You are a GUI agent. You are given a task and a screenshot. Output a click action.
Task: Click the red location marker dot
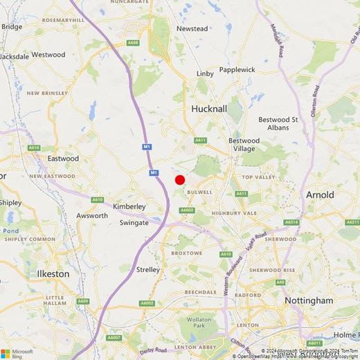click(x=180, y=180)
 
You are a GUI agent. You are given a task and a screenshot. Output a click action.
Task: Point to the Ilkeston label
click(x=53, y=273)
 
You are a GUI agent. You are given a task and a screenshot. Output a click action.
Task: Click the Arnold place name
click(x=320, y=195)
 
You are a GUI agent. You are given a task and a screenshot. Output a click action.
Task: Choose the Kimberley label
click(x=129, y=206)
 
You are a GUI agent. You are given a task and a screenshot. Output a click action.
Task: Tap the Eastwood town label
click(x=63, y=159)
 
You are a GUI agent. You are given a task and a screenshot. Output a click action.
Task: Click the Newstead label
click(x=192, y=28)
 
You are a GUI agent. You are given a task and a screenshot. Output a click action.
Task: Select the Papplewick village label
click(x=237, y=70)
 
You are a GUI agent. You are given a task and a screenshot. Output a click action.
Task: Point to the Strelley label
click(x=149, y=269)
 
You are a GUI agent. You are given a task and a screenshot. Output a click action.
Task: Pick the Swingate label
click(x=134, y=223)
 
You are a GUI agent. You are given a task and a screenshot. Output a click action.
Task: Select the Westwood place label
click(x=48, y=54)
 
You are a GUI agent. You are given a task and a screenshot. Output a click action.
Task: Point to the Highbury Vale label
click(x=234, y=213)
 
